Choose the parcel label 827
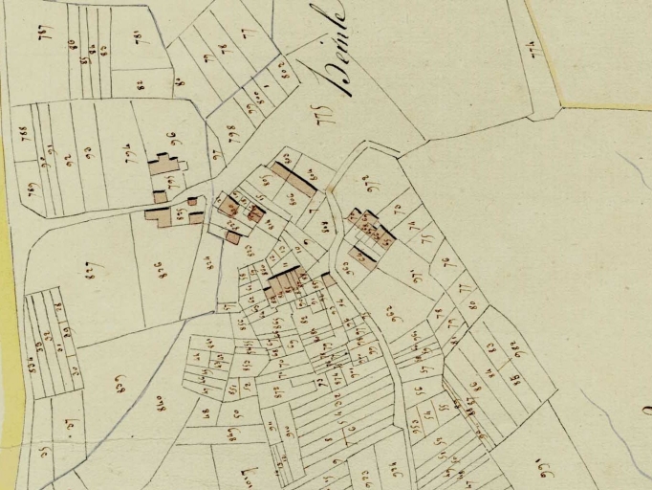[92, 267]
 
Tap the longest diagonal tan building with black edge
[293, 179]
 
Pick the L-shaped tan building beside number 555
[161, 215]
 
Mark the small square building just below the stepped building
[160, 196]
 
